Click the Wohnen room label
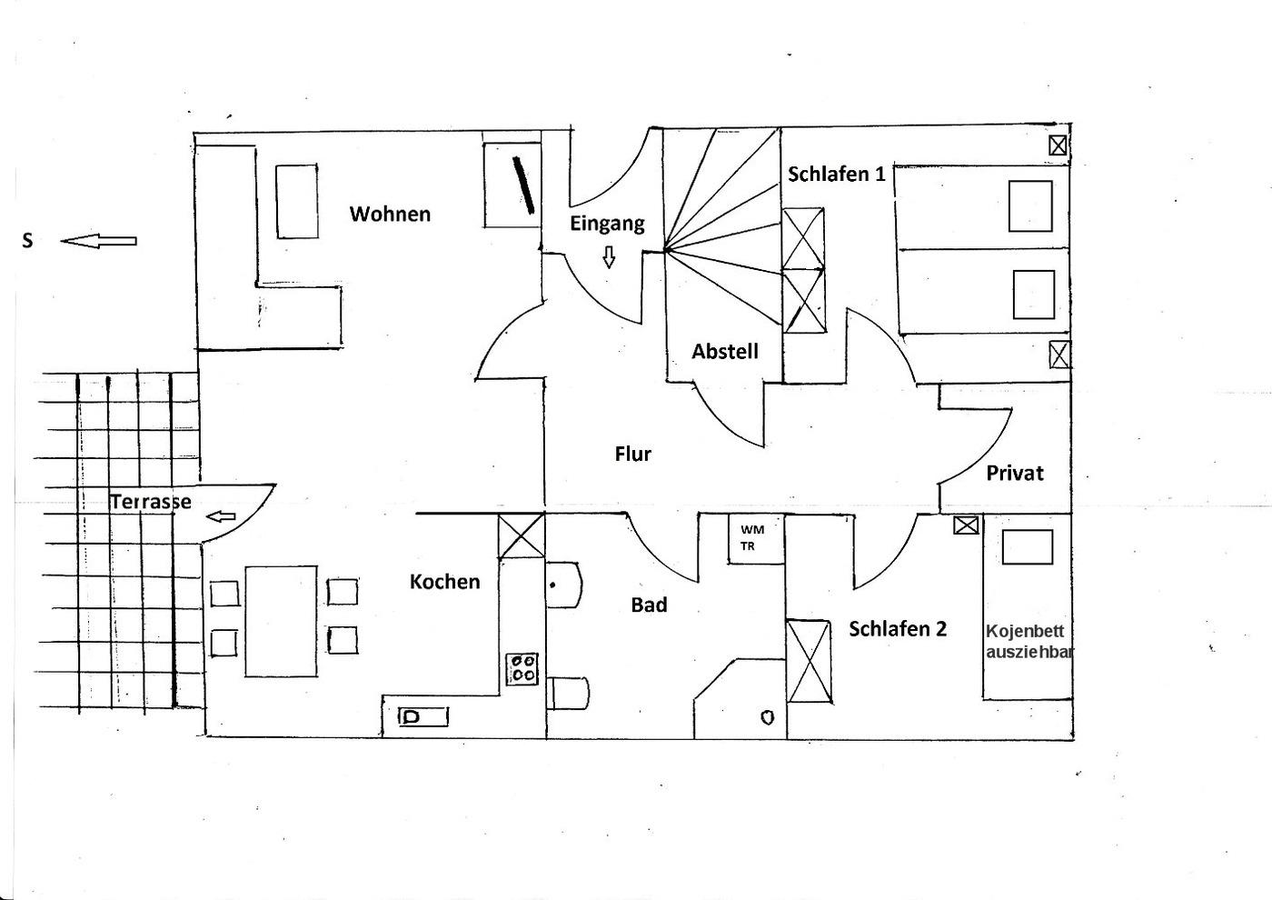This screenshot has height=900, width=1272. [x=390, y=215]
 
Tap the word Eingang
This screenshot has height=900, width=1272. [x=607, y=224]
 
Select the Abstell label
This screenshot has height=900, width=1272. [x=724, y=352]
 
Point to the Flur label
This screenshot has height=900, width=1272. [x=632, y=454]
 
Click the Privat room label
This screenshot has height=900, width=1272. [x=1014, y=473]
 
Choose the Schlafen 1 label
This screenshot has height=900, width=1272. [x=836, y=175]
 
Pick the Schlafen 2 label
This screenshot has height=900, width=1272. [x=897, y=629]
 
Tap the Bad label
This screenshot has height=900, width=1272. [x=649, y=605]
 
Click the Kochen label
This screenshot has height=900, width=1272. [x=444, y=582]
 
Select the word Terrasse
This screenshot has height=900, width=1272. [x=151, y=502]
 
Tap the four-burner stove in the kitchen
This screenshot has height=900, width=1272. [x=522, y=669]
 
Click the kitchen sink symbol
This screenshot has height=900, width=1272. [x=423, y=717]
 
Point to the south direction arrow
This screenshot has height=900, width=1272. [x=99, y=241]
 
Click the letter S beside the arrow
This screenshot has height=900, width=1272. [x=27, y=241]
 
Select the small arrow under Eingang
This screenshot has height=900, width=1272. [x=609, y=258]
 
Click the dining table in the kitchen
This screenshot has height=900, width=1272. [x=281, y=621]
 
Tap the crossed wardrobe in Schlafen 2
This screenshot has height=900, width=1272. [x=809, y=661]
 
